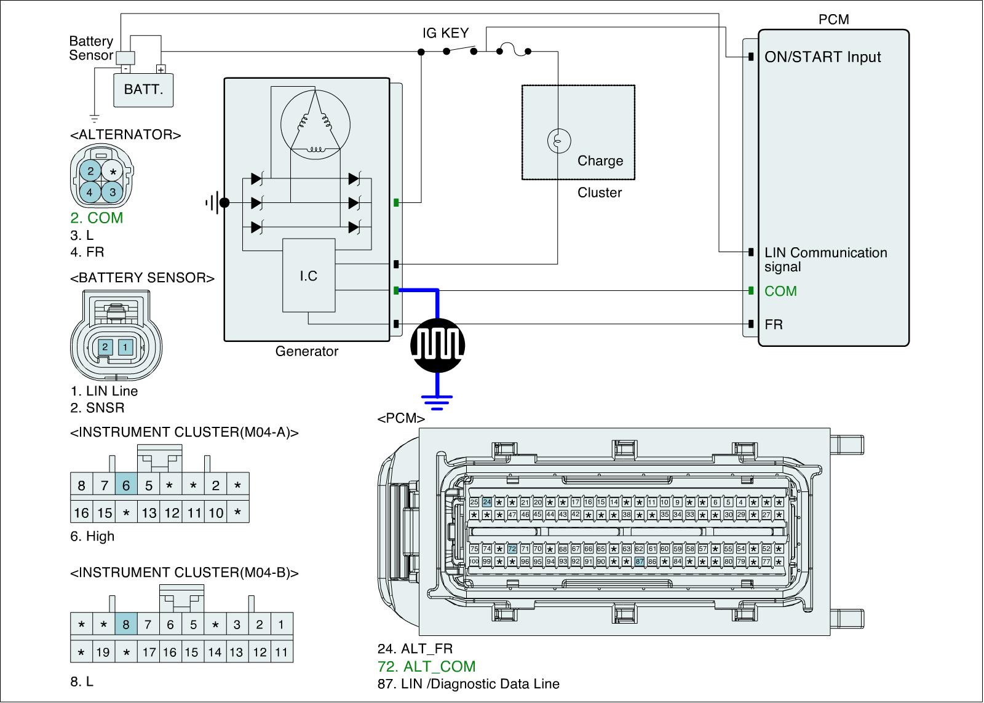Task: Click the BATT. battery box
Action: [x=143, y=89]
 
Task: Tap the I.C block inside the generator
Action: [x=309, y=276]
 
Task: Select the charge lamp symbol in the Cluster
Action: [x=559, y=141]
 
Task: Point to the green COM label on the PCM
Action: [x=780, y=291]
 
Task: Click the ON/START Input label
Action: [x=822, y=57]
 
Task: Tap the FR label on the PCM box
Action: [x=774, y=324]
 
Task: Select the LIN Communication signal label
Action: [x=825, y=260]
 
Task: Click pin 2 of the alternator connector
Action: [x=90, y=171]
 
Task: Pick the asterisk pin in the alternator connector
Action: [x=113, y=172]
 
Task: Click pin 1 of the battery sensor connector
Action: [x=125, y=348]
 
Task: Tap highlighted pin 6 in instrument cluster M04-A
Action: [x=126, y=485]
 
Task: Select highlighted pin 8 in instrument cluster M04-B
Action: [x=126, y=625]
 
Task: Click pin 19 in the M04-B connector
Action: [x=103, y=652]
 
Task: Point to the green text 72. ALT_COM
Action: [x=426, y=666]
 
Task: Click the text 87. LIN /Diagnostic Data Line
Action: [x=469, y=683]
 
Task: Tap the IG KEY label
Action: [x=445, y=33]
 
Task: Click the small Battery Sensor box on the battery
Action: [x=125, y=57]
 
